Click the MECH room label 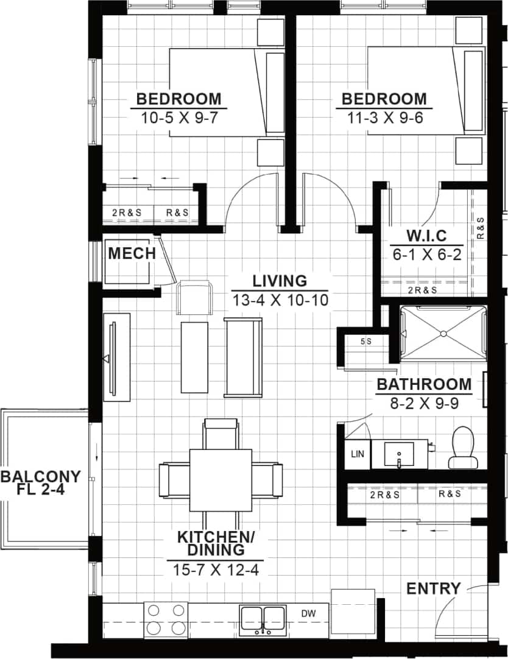(132, 253)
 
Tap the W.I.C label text (426, 236)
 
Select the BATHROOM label (424, 384)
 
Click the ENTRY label (433, 588)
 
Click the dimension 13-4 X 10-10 (280, 300)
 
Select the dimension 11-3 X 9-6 (384, 118)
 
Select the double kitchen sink (263, 619)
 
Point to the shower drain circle (443, 333)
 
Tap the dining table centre (220, 480)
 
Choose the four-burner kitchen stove (166, 618)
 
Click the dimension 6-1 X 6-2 (426, 255)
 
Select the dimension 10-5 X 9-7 (179, 118)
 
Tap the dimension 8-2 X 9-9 (424, 403)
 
